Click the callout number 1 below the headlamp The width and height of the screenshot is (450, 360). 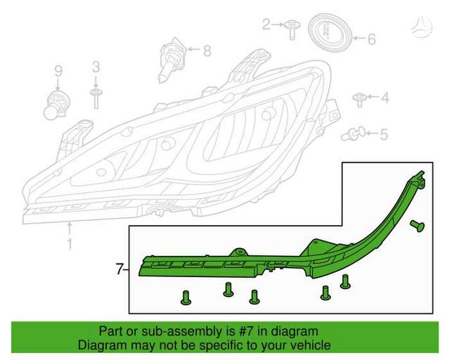pos(69,244)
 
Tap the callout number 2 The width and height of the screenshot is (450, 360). pos(266,24)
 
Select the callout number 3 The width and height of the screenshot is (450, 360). pos(96,67)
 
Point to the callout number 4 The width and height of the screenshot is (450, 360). pos(385,98)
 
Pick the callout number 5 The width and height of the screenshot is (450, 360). pos(384,134)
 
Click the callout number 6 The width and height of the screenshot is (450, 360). pos(372,39)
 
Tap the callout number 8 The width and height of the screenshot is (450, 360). pos(207,51)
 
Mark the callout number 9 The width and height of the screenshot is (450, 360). pos(59,71)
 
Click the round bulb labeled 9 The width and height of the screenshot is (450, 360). pos(56,105)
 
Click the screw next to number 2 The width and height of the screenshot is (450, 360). pos(292,30)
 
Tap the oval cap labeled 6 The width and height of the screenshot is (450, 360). pos(330,32)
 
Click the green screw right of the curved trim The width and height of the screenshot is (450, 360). pos(417,226)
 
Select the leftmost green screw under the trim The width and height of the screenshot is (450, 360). pos(185,298)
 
